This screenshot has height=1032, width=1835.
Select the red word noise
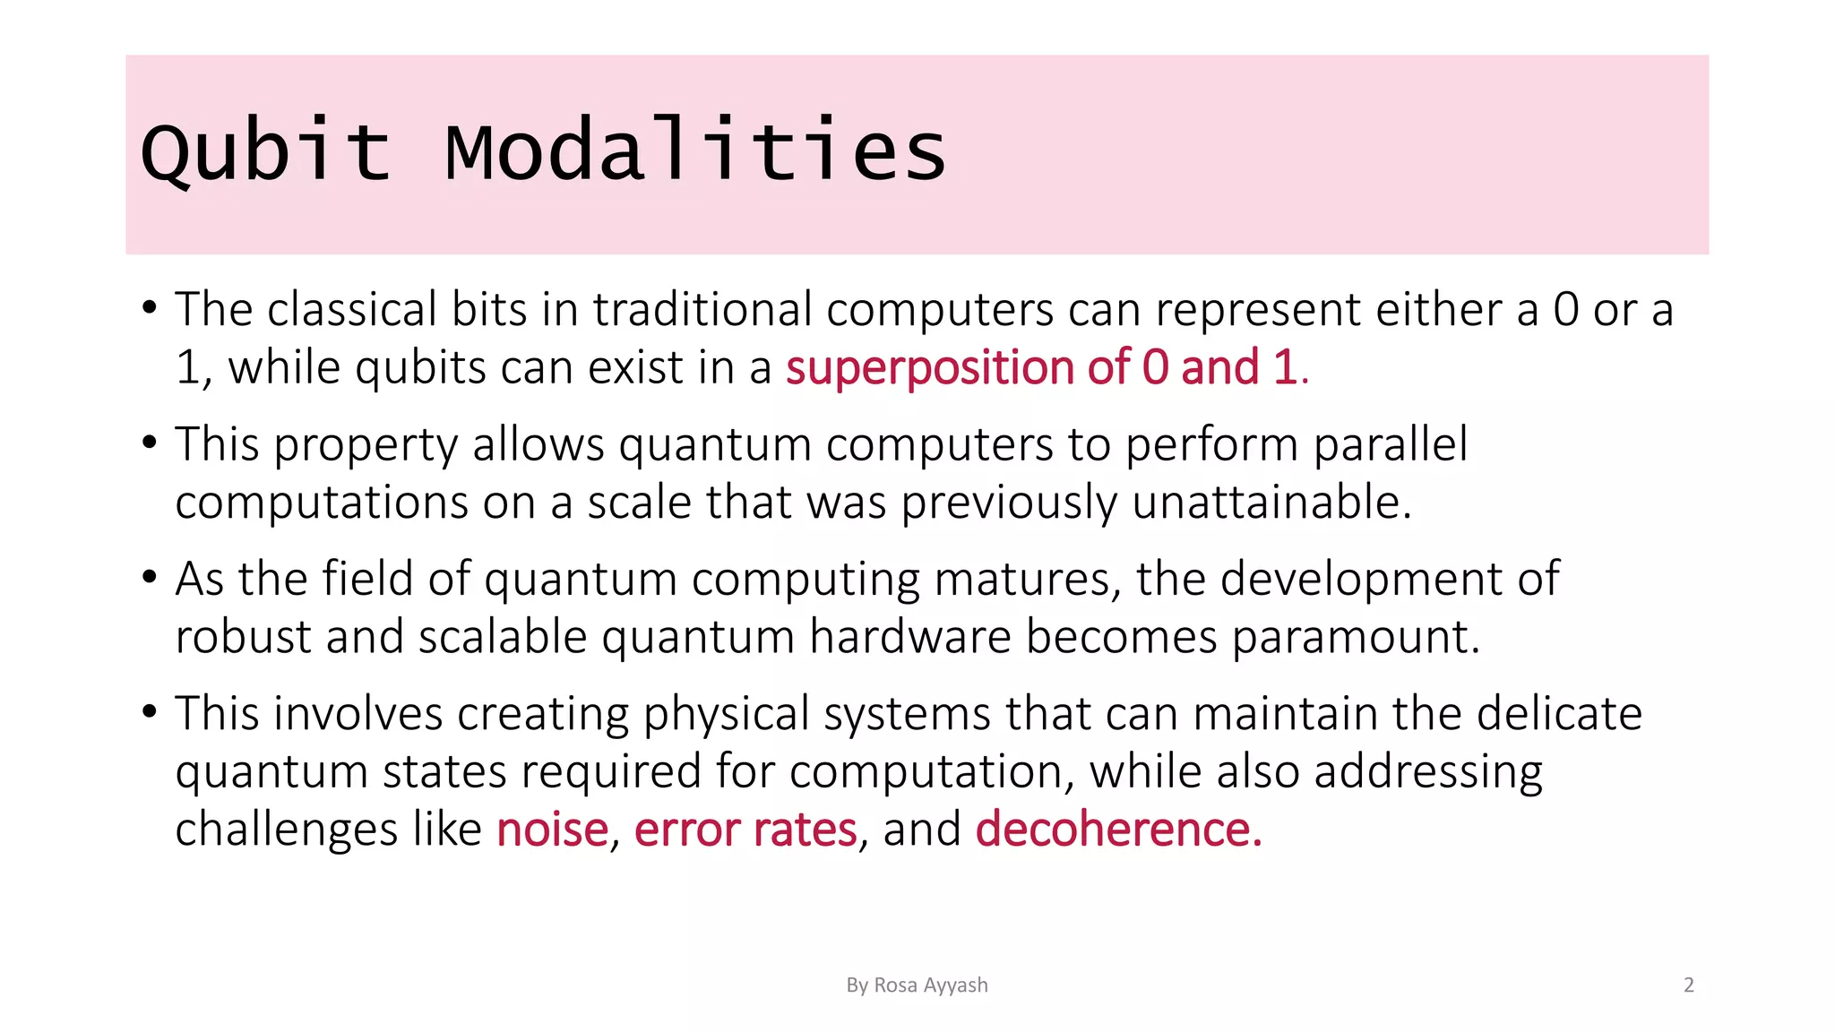tap(552, 829)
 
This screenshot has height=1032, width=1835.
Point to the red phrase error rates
tap(745, 829)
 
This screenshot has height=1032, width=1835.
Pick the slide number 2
tap(1689, 985)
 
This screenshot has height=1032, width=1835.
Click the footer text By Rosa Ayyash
tap(917, 985)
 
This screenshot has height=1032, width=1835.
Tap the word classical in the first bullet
tap(352, 309)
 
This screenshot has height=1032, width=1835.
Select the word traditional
tap(702, 309)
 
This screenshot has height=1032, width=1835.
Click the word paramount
tap(1355, 637)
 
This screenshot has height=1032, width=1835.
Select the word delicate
tap(1559, 714)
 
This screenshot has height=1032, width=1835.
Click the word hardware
tap(910, 637)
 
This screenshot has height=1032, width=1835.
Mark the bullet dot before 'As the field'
tap(150, 576)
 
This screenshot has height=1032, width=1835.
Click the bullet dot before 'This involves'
tap(150, 711)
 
